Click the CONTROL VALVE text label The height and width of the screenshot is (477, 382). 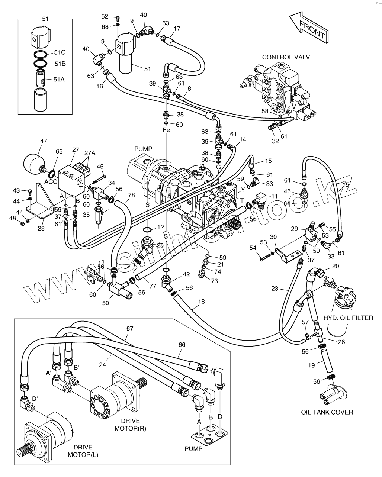coord(288,57)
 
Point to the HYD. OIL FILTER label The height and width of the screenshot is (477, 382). coord(348,318)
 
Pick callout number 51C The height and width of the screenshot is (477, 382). coord(60,52)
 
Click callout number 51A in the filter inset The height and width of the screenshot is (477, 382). coord(59,79)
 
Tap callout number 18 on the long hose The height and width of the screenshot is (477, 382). coord(202,302)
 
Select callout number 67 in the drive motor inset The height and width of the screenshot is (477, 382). coord(130,328)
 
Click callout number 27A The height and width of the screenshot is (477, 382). coord(90,153)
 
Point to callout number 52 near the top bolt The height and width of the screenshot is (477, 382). coord(105,16)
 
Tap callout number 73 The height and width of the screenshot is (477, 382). coord(214,281)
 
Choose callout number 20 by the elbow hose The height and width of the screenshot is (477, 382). coord(336,266)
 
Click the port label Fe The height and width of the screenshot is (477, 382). coord(166,130)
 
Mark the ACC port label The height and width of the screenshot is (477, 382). coord(51,182)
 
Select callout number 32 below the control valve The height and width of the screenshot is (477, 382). coord(275,141)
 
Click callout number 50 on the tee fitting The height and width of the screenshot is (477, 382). coord(106,303)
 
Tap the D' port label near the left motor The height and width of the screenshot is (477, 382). coord(35,399)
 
